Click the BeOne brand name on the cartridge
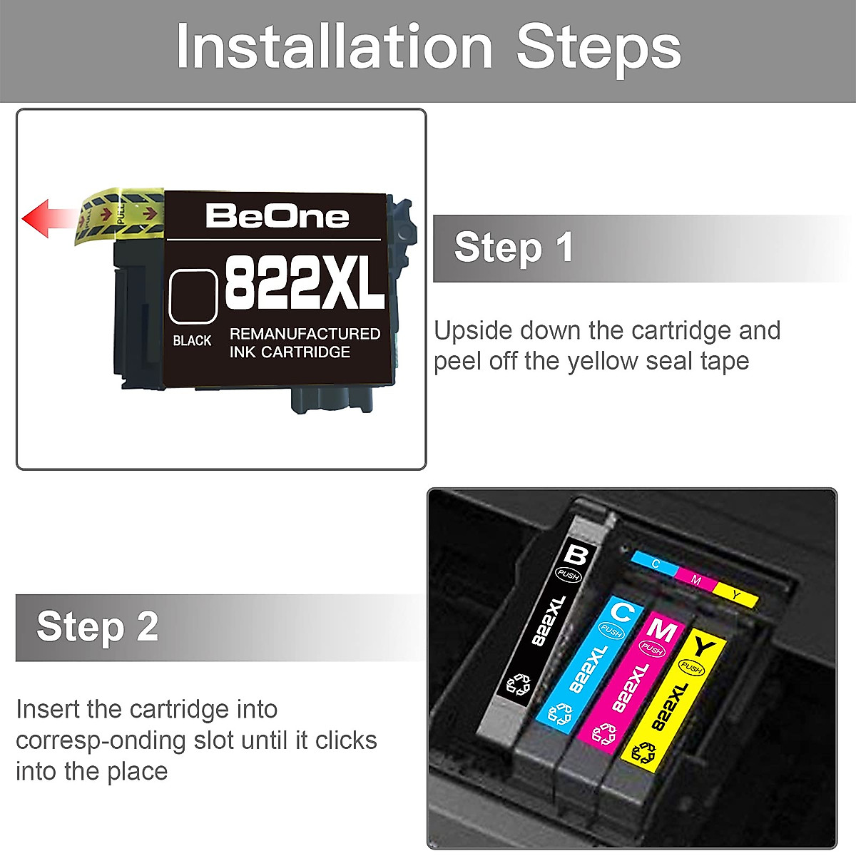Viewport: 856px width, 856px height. (x=277, y=216)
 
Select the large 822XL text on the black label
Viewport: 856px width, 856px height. (x=305, y=282)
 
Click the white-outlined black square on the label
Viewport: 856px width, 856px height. (x=193, y=295)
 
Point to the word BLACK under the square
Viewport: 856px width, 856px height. (x=192, y=341)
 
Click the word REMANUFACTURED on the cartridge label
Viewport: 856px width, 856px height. (x=305, y=334)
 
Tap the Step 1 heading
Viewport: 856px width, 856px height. (x=514, y=248)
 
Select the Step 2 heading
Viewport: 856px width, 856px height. (x=98, y=626)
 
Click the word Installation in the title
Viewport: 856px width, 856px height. (x=335, y=47)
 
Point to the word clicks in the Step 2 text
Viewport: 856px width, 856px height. (x=346, y=740)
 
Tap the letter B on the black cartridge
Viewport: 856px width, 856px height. (x=575, y=554)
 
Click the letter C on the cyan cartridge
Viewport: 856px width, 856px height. (x=622, y=611)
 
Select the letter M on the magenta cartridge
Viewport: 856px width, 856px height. (x=661, y=631)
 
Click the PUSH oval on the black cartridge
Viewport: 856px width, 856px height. (x=569, y=575)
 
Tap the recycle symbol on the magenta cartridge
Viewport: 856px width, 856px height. (x=603, y=733)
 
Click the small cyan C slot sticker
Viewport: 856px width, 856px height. (x=655, y=564)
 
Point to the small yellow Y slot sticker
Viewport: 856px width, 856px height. (x=735, y=594)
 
